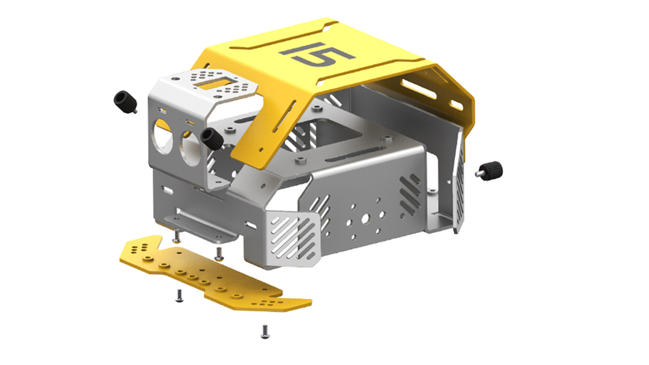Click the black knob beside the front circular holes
click(x=212, y=139)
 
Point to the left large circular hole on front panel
click(x=163, y=137)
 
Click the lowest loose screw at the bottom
click(x=265, y=331)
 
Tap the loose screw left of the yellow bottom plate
click(x=179, y=296)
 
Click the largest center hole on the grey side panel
click(x=365, y=219)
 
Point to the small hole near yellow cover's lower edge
click(x=261, y=149)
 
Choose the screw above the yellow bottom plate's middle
click(x=219, y=253)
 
